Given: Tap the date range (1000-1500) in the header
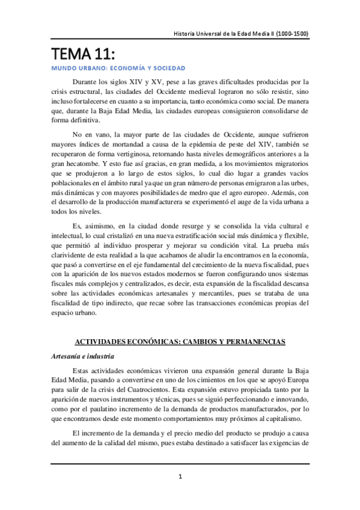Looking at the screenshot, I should click(x=293, y=34).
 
